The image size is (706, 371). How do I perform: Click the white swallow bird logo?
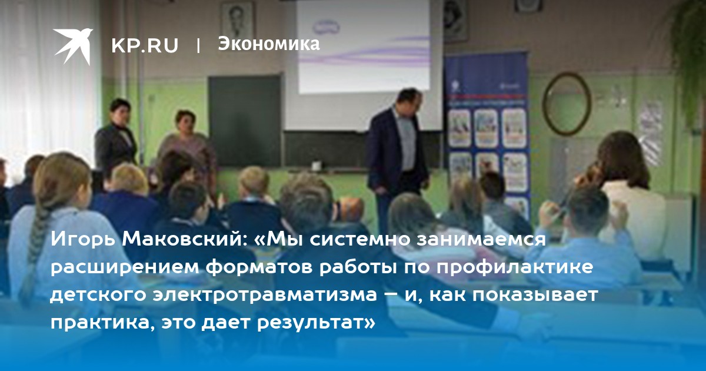point(73,46)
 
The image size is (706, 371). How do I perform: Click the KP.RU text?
point(145,45)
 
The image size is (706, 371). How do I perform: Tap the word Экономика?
point(269,44)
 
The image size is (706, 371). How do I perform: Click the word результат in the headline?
point(316,324)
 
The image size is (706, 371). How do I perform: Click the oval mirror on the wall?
point(567,104)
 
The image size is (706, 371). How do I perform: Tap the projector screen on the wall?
point(364,47)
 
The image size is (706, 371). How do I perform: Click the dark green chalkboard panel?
point(245,121)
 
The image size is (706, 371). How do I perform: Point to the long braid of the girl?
point(37,249)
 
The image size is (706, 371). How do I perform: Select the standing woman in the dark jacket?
point(116,139)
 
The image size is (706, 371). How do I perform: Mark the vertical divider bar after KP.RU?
point(198,45)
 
